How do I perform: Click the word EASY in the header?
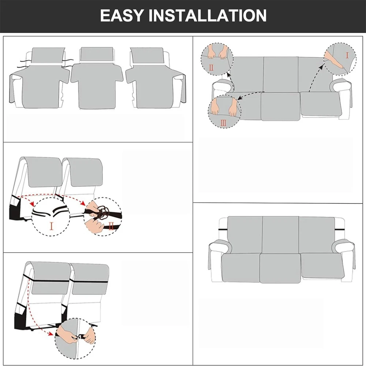(x=121, y=15)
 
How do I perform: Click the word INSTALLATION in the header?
(x=208, y=15)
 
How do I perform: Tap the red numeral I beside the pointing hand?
(x=347, y=56)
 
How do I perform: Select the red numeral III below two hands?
(x=223, y=123)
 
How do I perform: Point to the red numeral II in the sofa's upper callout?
(x=211, y=68)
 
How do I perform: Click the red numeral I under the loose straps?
(x=51, y=226)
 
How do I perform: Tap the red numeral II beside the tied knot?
(x=111, y=226)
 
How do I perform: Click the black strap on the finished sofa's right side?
(x=340, y=230)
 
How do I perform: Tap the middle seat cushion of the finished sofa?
(x=280, y=268)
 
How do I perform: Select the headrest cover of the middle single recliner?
(x=97, y=54)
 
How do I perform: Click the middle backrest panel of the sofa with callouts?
(x=281, y=74)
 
